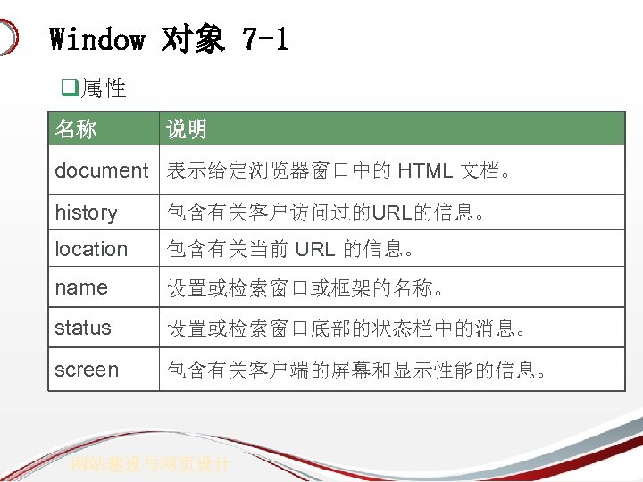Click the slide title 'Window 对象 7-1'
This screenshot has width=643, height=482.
169,39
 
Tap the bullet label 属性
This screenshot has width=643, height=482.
103,88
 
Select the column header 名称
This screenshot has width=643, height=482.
76,129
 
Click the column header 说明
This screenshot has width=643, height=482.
187,129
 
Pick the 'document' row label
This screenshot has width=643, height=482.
102,170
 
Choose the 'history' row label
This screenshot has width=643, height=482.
86,212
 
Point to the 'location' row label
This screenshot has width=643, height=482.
91,249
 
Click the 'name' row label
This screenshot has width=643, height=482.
80,287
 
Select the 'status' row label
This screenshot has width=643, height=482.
83,328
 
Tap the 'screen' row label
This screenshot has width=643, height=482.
87,370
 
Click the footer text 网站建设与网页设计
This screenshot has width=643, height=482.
152,464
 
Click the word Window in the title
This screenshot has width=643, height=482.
96,39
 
